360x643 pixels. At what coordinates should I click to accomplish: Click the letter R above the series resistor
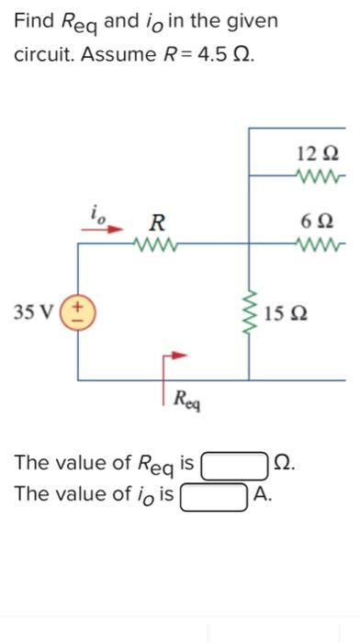158,221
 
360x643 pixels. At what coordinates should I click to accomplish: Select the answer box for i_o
214,497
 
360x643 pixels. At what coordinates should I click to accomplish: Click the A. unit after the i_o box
263,497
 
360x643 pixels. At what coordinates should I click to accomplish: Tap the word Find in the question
30,20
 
